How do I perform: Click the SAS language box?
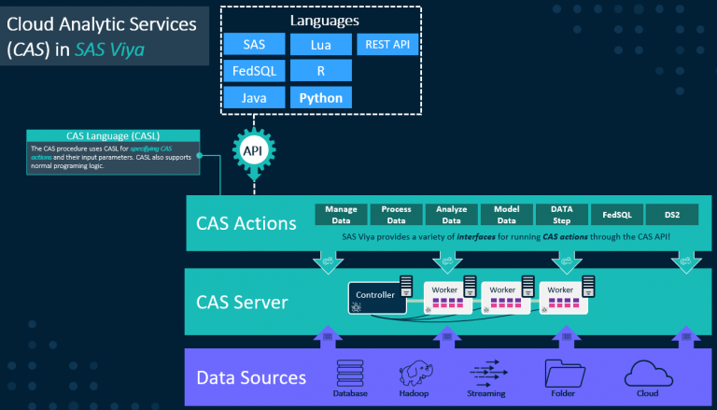[254, 44]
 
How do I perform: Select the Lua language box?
[320, 44]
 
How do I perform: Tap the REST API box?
[387, 44]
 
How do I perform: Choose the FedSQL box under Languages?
[254, 70]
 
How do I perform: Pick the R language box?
[320, 70]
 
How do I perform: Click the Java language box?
[254, 96]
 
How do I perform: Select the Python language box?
[320, 96]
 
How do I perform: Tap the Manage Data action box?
[342, 215]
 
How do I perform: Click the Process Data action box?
[397, 215]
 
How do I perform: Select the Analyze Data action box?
[452, 215]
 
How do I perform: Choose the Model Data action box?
[507, 215]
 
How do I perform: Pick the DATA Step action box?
[562, 215]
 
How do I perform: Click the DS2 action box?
[672, 215]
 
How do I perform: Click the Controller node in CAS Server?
[377, 296]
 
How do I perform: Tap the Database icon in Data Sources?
[350, 374]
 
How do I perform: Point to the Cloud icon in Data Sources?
[646, 373]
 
